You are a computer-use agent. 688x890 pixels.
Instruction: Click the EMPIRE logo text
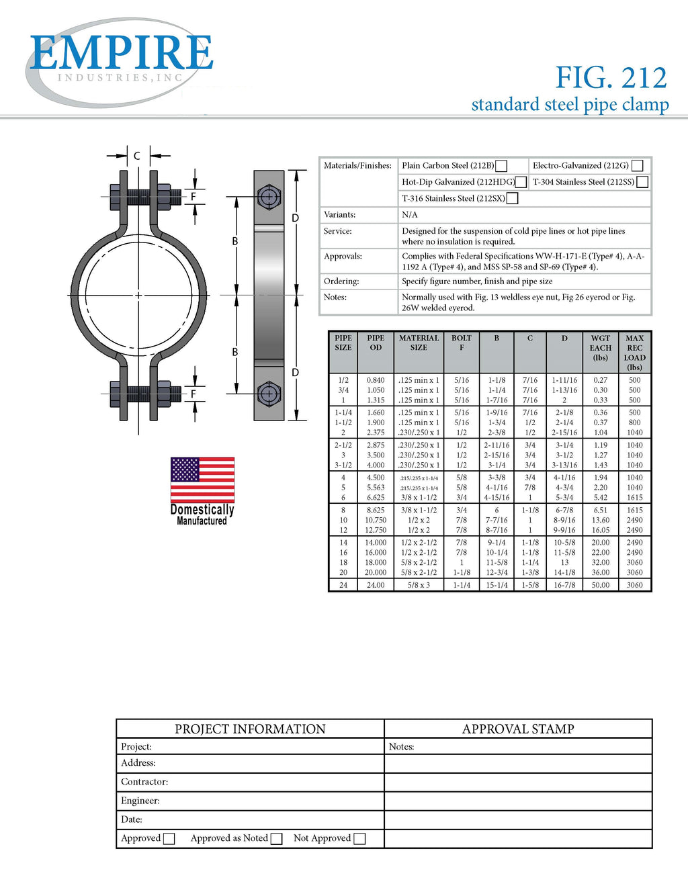click(x=121, y=54)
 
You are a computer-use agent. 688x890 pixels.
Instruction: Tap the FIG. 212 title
click(x=611, y=78)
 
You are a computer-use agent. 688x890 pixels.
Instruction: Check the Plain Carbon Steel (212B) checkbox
click(x=501, y=166)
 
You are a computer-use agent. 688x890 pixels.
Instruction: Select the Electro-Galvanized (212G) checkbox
click(x=638, y=166)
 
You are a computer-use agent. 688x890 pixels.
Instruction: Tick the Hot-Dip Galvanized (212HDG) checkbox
click(x=521, y=182)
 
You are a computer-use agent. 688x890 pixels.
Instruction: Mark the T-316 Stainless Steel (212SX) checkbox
click(x=512, y=198)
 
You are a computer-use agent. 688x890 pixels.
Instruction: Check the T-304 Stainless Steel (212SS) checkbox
click(x=642, y=182)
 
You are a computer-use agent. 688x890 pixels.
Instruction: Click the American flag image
click(x=202, y=480)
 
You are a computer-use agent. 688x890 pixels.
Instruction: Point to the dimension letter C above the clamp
click(x=136, y=156)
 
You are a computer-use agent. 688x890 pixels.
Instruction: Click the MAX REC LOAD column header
click(x=634, y=353)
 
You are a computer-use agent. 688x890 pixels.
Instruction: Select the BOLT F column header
click(x=462, y=343)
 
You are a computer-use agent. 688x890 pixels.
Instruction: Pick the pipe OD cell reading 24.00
click(x=376, y=585)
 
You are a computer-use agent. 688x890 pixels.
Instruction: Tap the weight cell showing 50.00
click(x=601, y=585)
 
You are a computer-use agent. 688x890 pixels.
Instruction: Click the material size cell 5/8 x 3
click(x=419, y=585)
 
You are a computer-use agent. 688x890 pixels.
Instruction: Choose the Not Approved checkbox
click(x=359, y=838)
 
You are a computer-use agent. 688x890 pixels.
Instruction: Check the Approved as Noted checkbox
click(x=276, y=838)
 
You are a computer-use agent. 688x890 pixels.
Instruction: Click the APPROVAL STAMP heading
click(x=518, y=729)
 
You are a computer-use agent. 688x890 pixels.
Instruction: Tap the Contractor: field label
click(x=144, y=782)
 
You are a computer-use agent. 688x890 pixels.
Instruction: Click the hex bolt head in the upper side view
click(x=269, y=197)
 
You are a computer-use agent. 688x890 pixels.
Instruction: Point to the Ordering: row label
click(x=341, y=281)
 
